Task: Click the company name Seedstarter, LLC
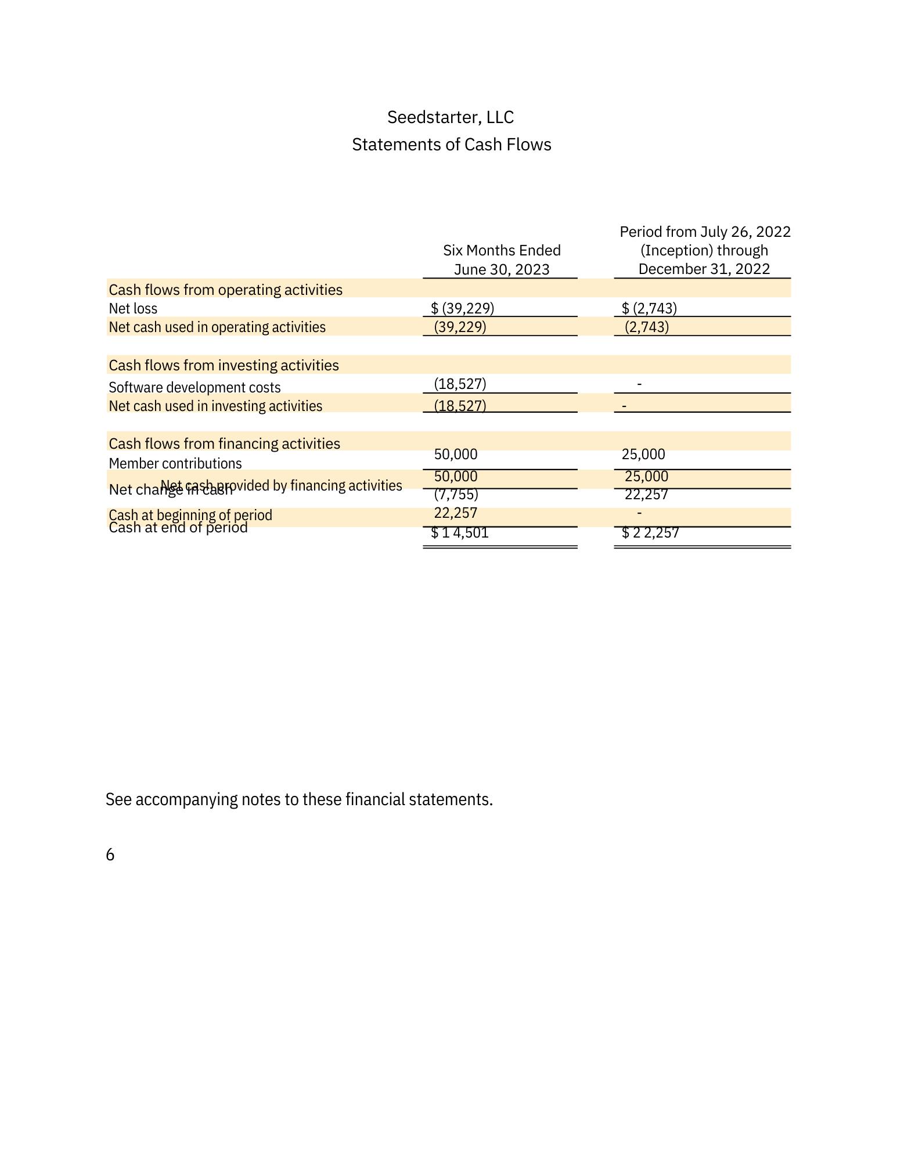450,117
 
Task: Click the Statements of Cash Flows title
451,145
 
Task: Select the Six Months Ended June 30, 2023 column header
501,259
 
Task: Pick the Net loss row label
133,308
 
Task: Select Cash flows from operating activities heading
225,290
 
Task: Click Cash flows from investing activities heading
224,365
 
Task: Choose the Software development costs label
194,387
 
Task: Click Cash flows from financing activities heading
224,444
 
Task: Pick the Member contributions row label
175,463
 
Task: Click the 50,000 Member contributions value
456,454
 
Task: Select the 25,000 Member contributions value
643,454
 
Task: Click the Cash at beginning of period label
190,515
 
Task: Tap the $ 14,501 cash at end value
460,533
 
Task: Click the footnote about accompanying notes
299,799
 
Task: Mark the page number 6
110,854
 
